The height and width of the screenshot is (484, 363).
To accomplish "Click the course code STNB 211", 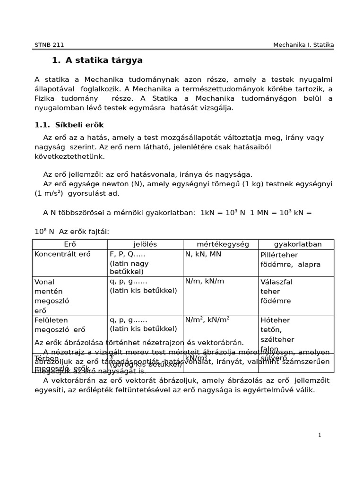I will pos(49,45).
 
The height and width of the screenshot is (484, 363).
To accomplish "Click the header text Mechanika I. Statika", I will pos(303,45).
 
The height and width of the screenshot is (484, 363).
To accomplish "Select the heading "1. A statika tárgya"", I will pos(97,60).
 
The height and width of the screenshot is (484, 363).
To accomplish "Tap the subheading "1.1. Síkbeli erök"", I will pos(69,125).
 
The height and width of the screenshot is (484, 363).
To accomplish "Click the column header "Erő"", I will pos(70,244).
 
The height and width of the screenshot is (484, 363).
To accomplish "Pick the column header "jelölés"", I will pos(145,244).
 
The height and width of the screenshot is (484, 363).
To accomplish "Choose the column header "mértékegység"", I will pos(220,244).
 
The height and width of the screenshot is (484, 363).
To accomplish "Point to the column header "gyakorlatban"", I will pos(298,244).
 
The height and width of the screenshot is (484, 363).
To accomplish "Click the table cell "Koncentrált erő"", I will pos(62,254).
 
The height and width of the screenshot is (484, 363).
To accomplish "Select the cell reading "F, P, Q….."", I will pos(128,254).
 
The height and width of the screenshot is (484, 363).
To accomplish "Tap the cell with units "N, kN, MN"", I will pos(203,254).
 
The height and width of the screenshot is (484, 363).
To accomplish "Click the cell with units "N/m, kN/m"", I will pos(205,281).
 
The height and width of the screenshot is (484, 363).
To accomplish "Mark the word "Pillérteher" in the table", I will pos(279,255).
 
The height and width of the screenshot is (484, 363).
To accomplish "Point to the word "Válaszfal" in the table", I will pos(277,282).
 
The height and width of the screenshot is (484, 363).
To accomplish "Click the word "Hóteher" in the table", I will pos(275,320).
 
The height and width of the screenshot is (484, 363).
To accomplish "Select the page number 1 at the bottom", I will pos(320,435).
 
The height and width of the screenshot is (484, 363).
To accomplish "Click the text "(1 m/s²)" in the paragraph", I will pos(49,193).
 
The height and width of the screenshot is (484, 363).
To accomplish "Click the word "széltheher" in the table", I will pos(277,340).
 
